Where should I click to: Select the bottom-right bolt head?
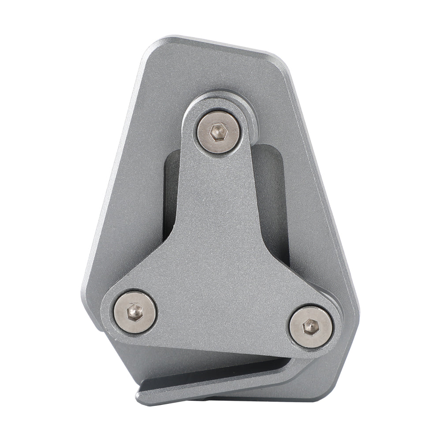click(310, 327)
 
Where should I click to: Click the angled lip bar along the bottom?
click(229, 381)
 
